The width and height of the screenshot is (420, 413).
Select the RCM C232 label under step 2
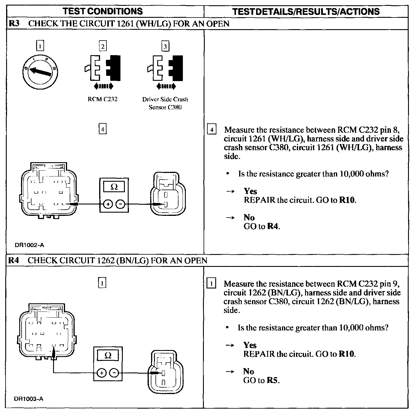[102, 99]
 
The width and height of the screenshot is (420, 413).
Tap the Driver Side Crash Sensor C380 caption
[165, 103]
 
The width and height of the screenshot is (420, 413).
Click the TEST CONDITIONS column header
[103, 11]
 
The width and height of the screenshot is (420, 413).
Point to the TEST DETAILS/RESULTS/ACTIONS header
[306, 11]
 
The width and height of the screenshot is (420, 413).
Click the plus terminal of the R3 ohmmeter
[108, 204]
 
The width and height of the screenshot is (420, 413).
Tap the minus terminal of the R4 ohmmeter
[114, 373]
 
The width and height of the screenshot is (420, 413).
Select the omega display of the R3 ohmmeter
[114, 187]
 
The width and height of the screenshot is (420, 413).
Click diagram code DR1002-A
[29, 245]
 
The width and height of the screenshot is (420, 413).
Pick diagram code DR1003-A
[29, 399]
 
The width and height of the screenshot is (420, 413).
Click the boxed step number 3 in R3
[165, 46]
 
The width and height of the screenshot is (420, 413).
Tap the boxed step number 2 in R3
[103, 46]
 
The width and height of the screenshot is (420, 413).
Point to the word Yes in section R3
[250, 191]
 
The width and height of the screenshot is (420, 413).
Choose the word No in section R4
[249, 371]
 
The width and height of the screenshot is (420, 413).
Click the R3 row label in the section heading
[14, 24]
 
